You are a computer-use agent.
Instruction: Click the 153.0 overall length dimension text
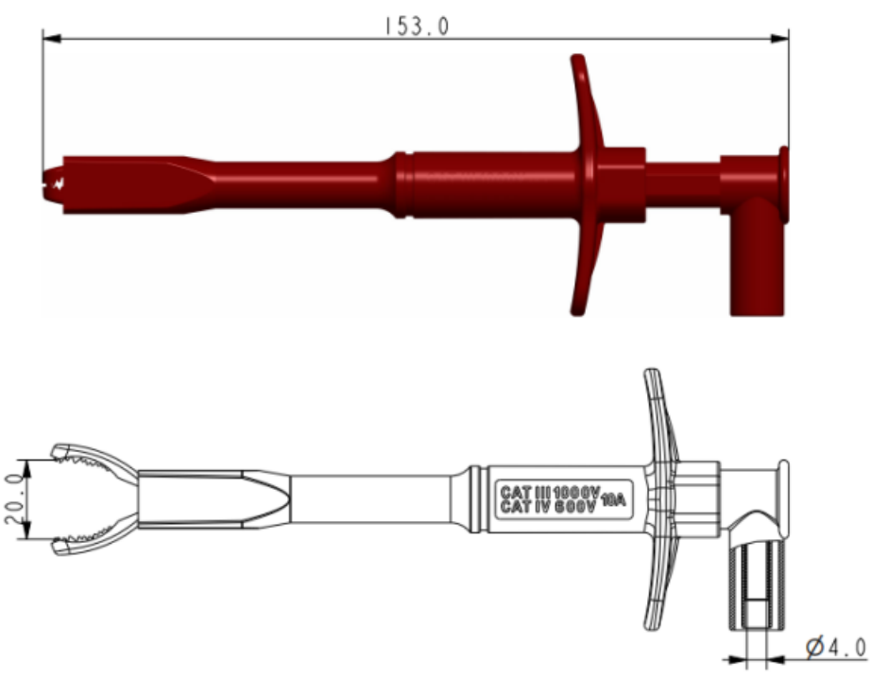point(416,26)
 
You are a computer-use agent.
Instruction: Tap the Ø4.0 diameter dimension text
point(835,647)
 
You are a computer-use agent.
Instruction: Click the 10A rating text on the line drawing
point(613,499)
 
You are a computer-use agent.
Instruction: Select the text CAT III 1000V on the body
point(550,492)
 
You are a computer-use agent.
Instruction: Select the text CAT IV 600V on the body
point(550,507)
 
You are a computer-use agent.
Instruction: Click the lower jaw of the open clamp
point(94,543)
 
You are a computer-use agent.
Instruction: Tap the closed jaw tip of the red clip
point(55,179)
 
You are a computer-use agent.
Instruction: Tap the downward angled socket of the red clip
point(757,265)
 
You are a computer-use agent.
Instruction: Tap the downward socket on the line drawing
point(755,586)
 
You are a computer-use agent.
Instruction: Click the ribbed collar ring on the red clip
point(403,184)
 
